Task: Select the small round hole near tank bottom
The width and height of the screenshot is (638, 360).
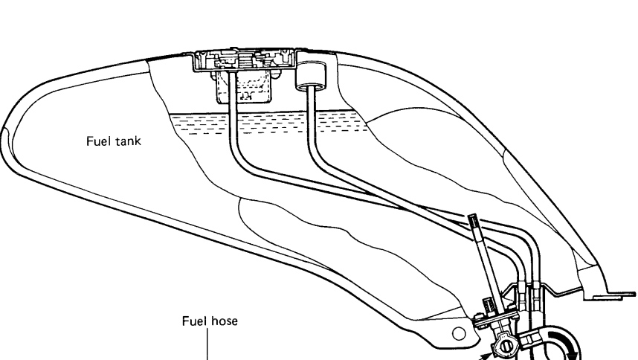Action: (459, 330)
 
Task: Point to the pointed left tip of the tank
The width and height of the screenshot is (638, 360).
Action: (6, 134)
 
